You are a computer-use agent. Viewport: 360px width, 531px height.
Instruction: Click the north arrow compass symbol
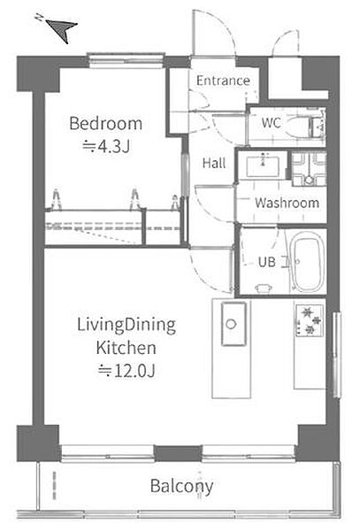click(x=61, y=29)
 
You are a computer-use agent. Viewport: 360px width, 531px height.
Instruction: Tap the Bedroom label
click(x=105, y=124)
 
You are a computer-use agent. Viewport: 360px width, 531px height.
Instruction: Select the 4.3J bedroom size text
click(x=106, y=146)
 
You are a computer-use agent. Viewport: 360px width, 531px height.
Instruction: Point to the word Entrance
click(x=223, y=81)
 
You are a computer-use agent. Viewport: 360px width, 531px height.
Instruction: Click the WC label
click(x=271, y=123)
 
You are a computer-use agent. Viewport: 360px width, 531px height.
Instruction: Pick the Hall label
click(x=214, y=163)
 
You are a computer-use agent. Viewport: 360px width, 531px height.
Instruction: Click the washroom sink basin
click(x=263, y=166)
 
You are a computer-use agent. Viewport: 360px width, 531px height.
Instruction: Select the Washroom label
click(x=287, y=203)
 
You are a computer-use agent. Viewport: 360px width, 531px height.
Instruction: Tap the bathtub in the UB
click(x=308, y=261)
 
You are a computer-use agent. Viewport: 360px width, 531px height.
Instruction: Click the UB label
click(x=267, y=262)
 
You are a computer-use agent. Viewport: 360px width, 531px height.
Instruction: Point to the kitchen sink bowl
click(x=234, y=324)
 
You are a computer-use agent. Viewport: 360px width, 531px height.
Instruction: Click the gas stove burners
click(x=310, y=320)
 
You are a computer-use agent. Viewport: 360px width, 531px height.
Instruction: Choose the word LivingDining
click(x=126, y=326)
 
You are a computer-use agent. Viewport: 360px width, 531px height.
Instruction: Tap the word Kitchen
click(x=126, y=348)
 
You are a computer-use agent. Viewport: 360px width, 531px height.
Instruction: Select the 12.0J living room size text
click(x=126, y=371)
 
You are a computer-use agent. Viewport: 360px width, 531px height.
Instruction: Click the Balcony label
click(x=181, y=487)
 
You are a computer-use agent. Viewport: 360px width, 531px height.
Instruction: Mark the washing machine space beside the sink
click(x=309, y=169)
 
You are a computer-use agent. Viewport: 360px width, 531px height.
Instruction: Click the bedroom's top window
click(x=126, y=61)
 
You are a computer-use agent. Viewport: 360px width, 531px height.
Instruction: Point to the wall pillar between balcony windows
click(x=178, y=453)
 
